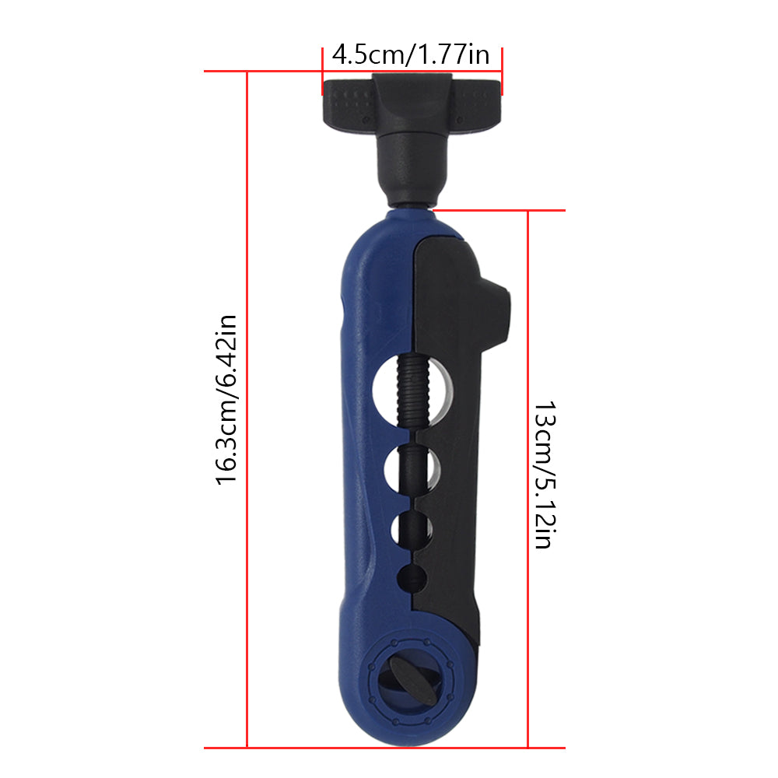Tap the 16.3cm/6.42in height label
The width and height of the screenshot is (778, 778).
(x=226, y=398)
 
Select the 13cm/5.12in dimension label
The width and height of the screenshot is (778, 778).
(x=543, y=475)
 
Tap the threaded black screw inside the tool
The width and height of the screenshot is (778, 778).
(x=407, y=389)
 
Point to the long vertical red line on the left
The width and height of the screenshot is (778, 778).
(x=247, y=405)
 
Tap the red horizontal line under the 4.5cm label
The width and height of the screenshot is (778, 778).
(x=412, y=72)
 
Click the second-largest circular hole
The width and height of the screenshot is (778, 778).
(x=412, y=468)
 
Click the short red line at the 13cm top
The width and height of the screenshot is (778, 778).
(x=498, y=210)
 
